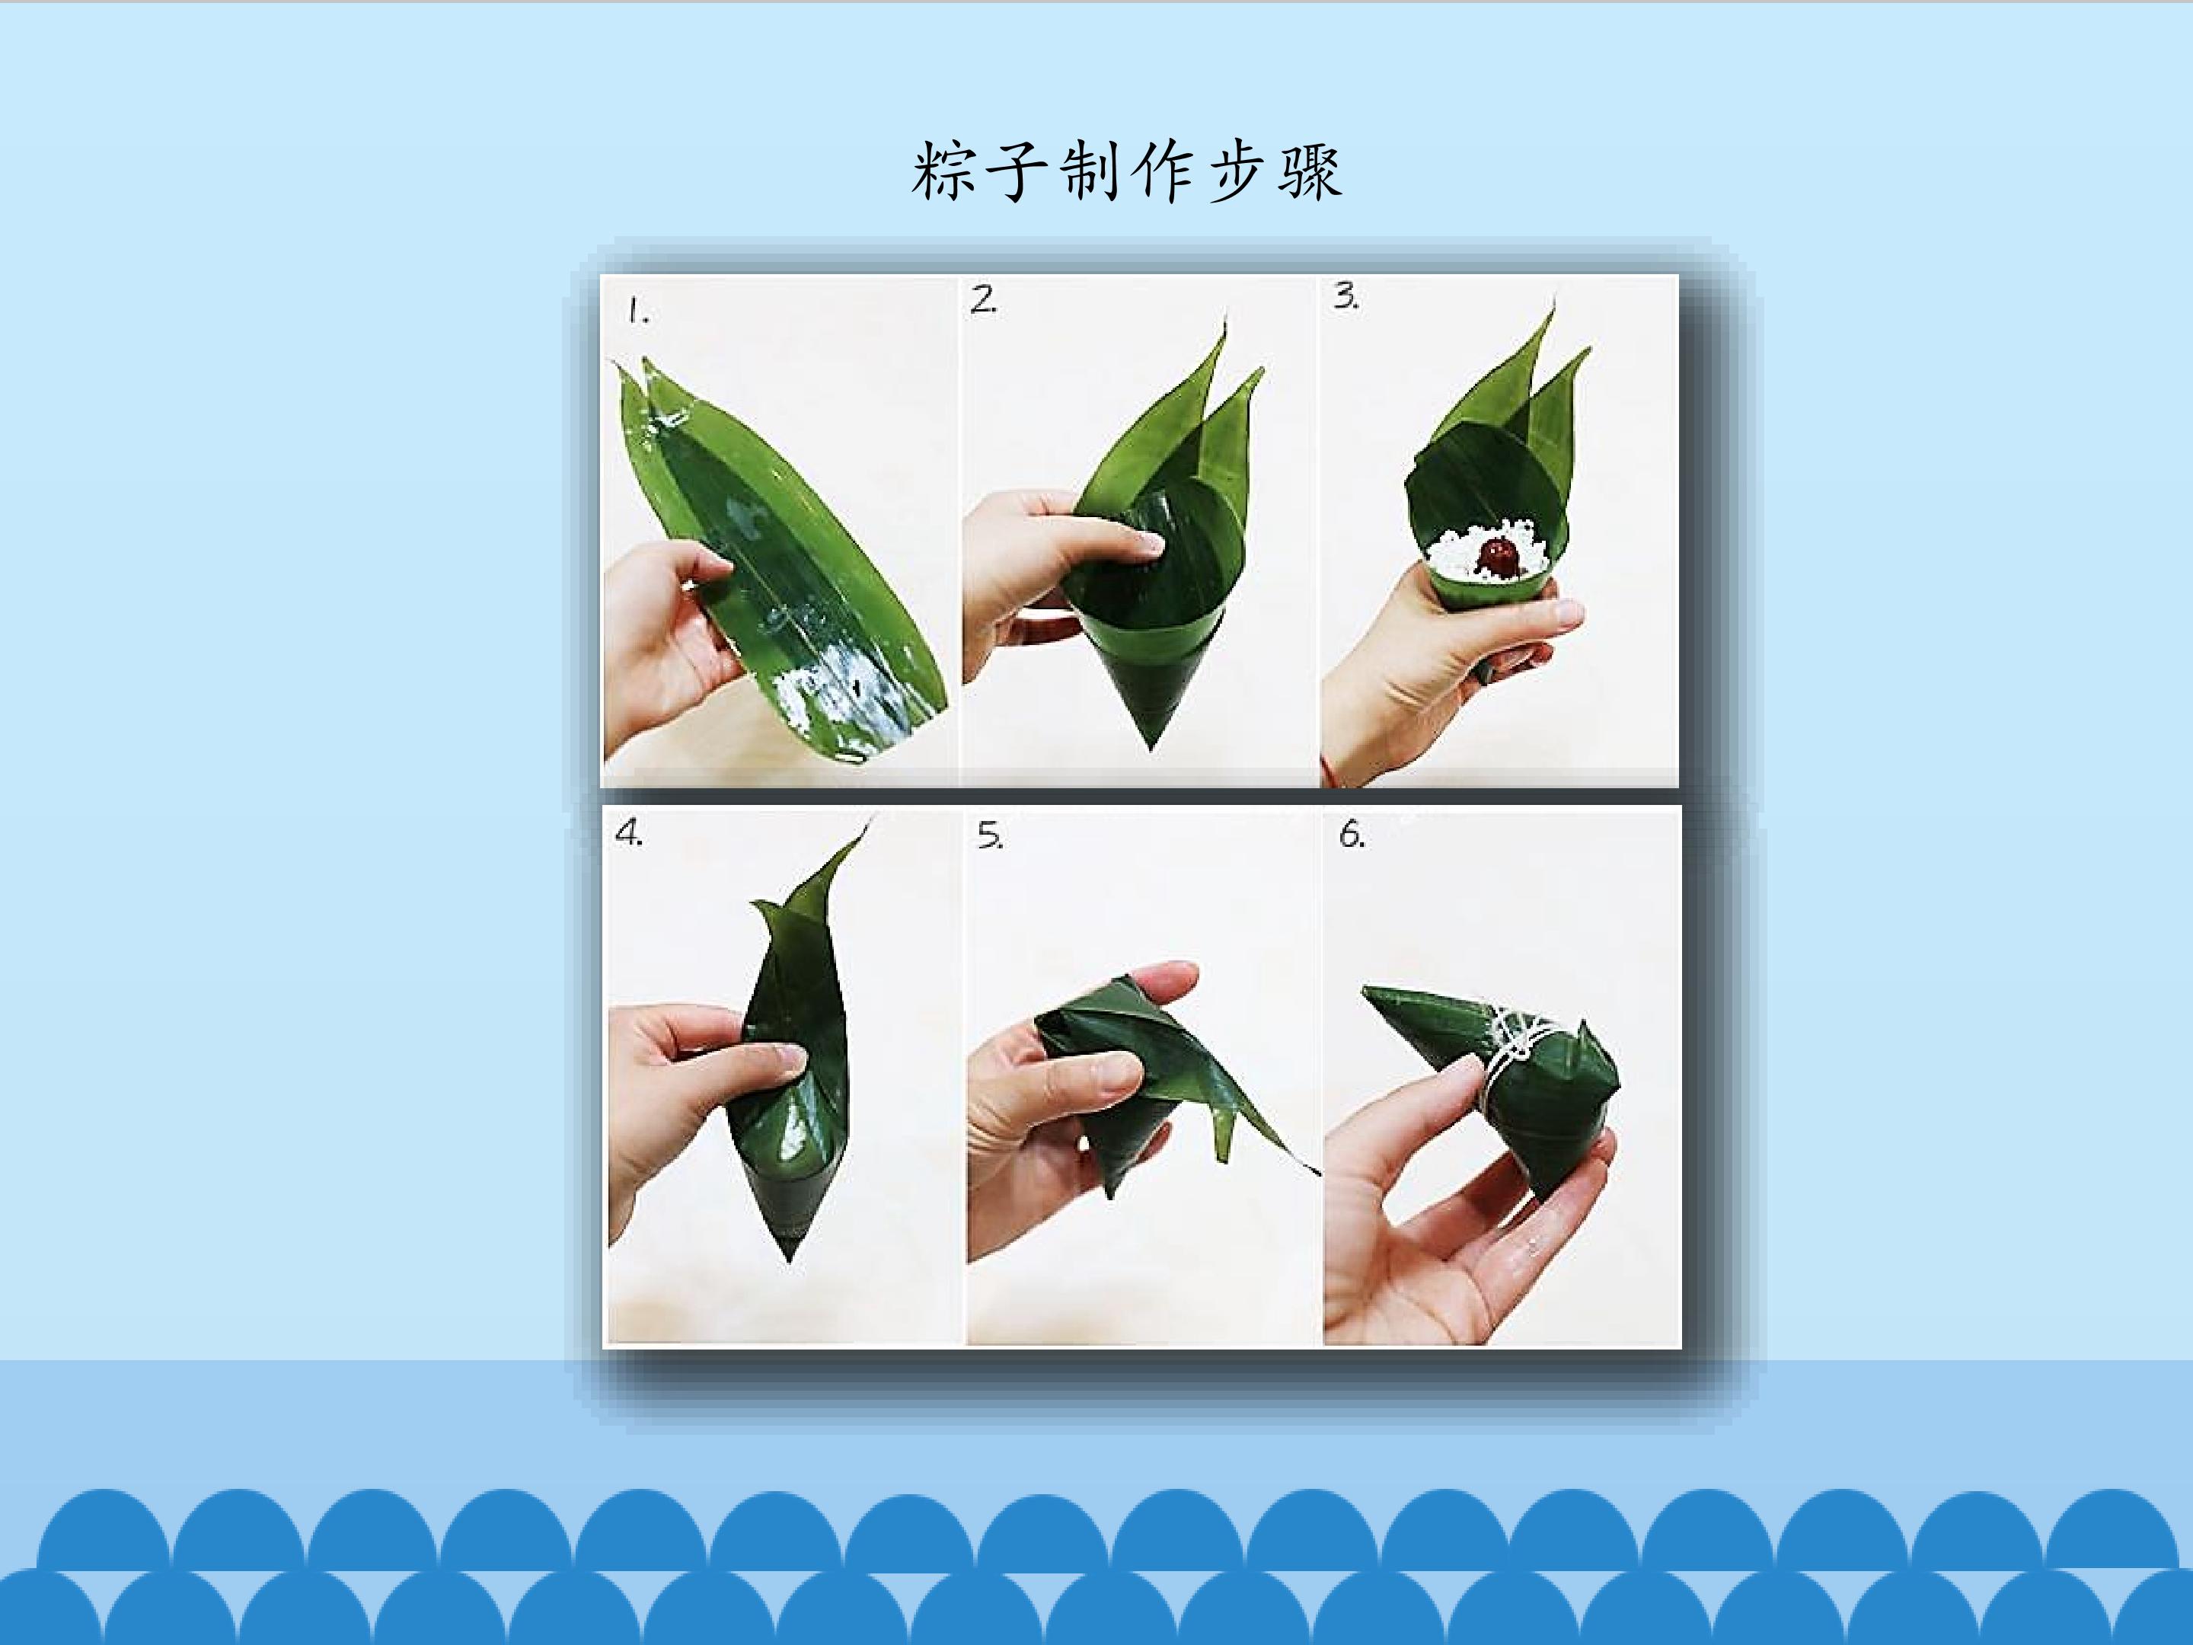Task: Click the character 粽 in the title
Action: point(943,171)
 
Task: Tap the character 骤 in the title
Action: point(1310,171)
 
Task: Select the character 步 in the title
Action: point(1237,171)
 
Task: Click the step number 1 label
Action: point(637,312)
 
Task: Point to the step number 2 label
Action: point(984,299)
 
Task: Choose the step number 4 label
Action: point(628,833)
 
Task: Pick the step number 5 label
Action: point(989,836)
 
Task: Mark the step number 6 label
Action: point(1352,835)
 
